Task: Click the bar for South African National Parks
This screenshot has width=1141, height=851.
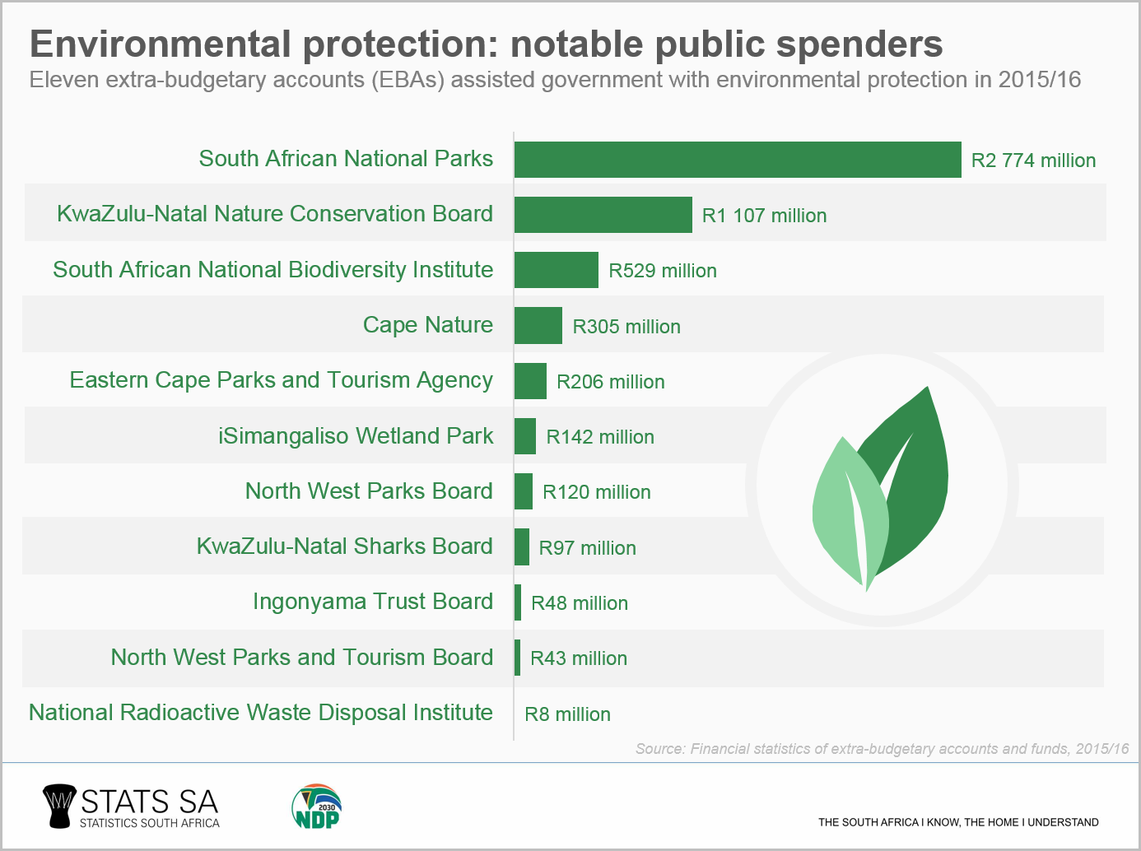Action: click(737, 160)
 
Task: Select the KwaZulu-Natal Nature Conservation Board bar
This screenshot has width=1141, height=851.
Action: click(603, 215)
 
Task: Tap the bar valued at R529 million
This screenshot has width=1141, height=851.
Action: click(556, 270)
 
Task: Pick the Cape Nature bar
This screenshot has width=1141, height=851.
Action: click(538, 326)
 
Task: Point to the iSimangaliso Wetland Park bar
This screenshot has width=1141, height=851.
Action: click(524, 436)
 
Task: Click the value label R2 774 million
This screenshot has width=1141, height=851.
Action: click(1033, 160)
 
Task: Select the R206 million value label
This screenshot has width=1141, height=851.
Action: click(610, 382)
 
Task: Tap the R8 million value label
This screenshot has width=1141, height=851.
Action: click(567, 714)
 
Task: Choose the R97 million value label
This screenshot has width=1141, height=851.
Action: click(587, 548)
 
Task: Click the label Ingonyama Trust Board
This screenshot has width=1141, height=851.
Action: click(372, 602)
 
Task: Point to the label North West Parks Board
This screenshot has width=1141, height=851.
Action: click(369, 491)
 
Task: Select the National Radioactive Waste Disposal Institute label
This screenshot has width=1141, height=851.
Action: click(260, 713)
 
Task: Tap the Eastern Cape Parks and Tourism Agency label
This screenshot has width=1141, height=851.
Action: click(281, 380)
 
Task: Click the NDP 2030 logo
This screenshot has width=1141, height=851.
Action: click(317, 807)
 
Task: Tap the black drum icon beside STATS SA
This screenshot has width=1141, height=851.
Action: click(58, 806)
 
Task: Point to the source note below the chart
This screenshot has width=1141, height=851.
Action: click(882, 749)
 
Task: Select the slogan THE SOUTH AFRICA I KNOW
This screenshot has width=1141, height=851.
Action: click(957, 822)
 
